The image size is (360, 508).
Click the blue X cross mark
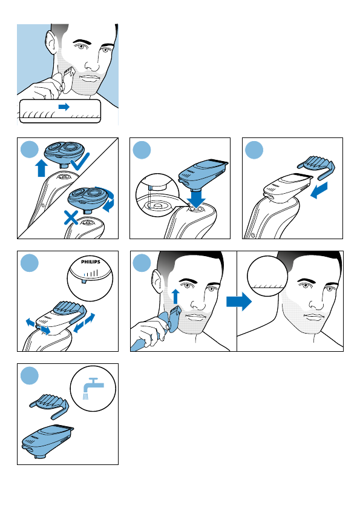pos(71,218)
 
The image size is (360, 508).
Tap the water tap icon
pos(93,388)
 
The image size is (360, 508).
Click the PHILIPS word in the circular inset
pos(91,262)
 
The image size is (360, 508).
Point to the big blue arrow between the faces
pos(239,302)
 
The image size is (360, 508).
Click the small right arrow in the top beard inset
pos(64,107)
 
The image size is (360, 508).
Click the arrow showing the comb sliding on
pos(319,190)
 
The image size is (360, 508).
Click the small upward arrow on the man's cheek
pos(175,297)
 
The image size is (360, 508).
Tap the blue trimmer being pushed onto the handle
pos(203,174)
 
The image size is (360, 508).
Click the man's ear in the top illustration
pos(50,43)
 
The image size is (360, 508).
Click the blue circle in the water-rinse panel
pos(30,375)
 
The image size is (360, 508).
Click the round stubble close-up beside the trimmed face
pos(267,276)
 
